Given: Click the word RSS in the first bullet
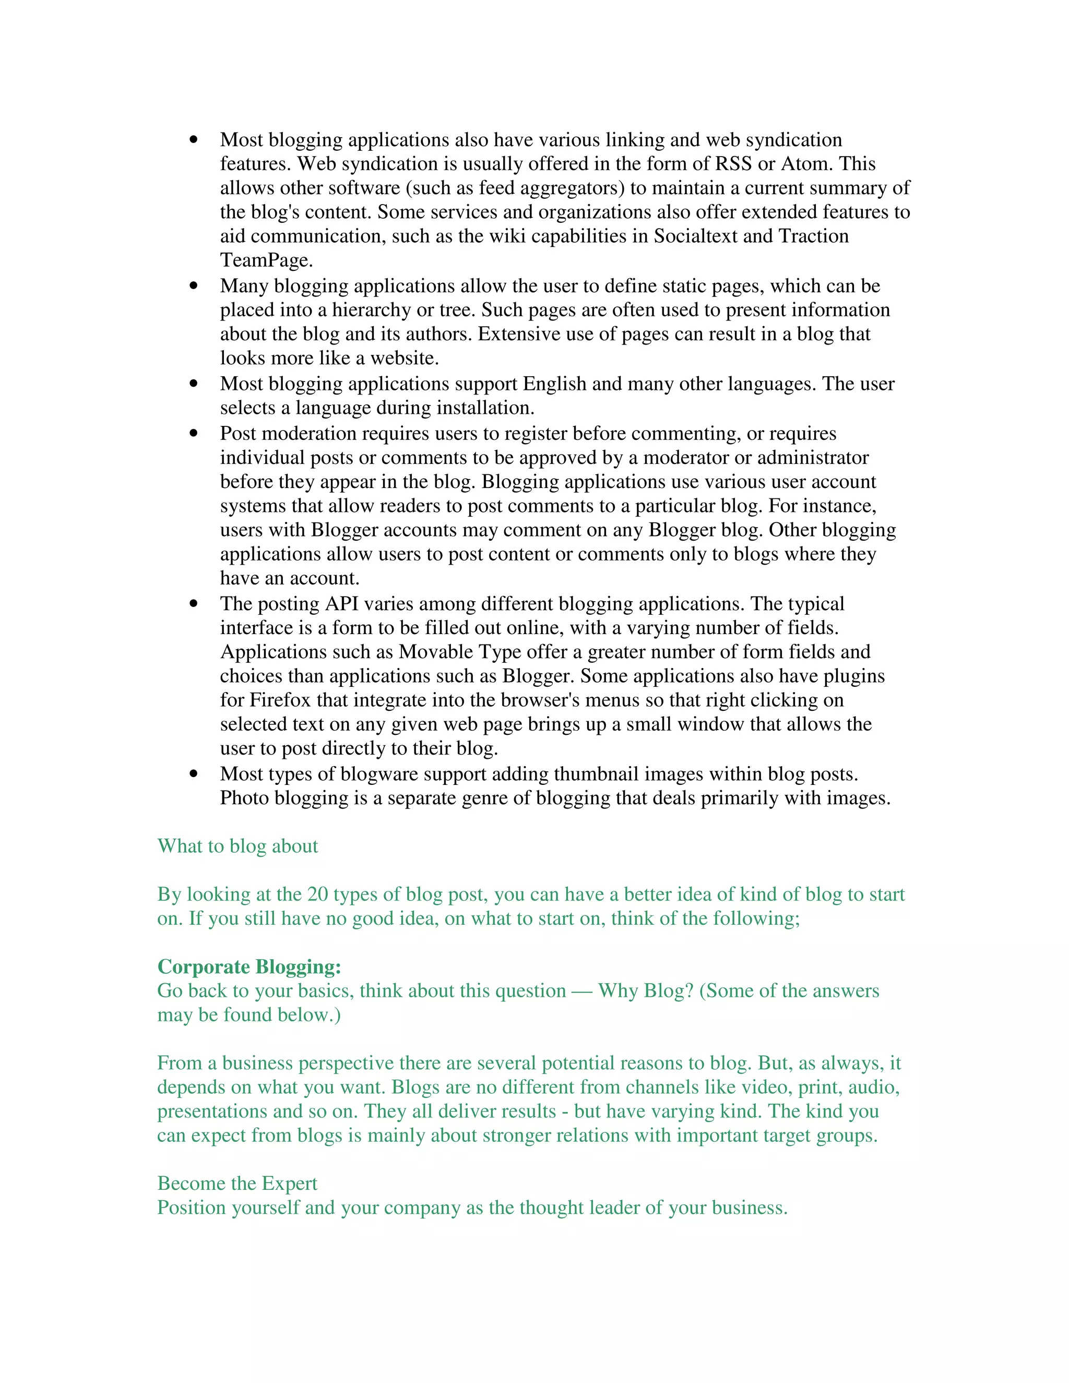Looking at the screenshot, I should [x=733, y=164].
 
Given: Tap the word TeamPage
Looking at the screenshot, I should [x=266, y=260].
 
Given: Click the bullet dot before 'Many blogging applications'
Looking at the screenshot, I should [x=194, y=286].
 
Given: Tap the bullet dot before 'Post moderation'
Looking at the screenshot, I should [x=194, y=434].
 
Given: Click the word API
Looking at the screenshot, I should [x=342, y=604].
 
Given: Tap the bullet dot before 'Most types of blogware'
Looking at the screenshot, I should [x=194, y=774].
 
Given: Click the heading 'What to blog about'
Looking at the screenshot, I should [x=237, y=847].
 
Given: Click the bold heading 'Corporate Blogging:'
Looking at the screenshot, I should [x=250, y=967].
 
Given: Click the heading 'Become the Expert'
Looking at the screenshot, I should [x=237, y=1184].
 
